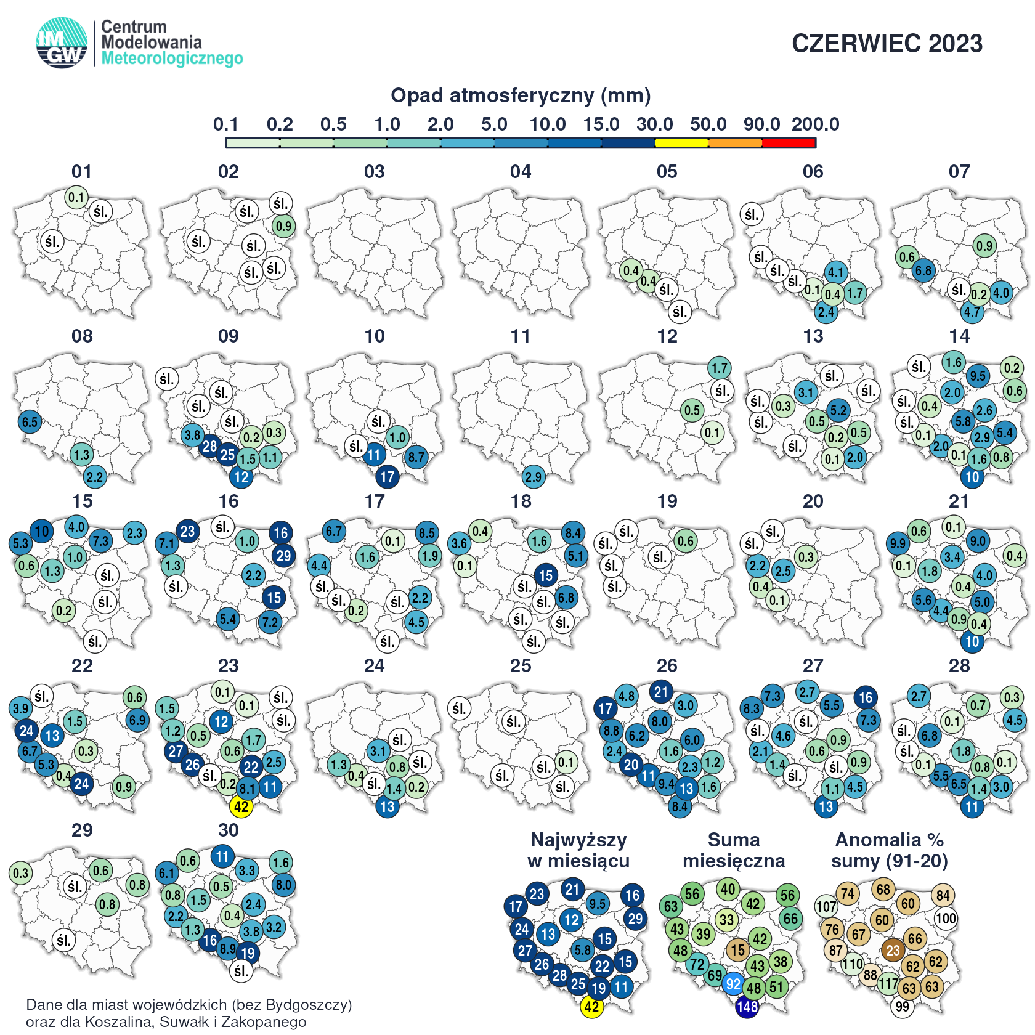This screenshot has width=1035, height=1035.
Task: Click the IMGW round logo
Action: tap(62, 43)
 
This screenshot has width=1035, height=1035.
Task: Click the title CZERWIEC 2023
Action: tap(887, 44)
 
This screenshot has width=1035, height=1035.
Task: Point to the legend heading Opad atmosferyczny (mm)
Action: tap(521, 95)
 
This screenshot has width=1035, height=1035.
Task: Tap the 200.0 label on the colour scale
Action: tap(815, 124)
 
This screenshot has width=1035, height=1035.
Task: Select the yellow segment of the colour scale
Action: tap(681, 143)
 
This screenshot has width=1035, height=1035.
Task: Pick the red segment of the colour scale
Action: tap(789, 143)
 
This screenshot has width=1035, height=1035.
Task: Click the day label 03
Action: tap(374, 172)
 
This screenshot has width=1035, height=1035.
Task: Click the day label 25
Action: tap(521, 666)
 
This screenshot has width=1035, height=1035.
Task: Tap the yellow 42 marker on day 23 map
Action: tap(241, 806)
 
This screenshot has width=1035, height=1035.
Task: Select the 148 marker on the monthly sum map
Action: tap(747, 1007)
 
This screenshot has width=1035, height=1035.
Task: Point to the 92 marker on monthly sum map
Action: tap(733, 984)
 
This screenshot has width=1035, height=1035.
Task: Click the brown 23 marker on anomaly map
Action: tap(893, 950)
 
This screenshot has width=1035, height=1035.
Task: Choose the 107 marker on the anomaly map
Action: tap(826, 906)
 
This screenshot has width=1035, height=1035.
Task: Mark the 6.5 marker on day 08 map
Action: tap(30, 422)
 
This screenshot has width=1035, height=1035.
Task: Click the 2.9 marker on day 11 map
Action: tap(534, 476)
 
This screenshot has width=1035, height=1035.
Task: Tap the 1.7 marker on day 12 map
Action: tap(719, 368)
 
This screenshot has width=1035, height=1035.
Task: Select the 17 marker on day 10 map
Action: tap(387, 476)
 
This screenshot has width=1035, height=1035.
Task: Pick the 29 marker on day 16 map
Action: tap(283, 556)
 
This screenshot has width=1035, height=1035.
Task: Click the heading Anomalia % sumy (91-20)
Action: tap(890, 850)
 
